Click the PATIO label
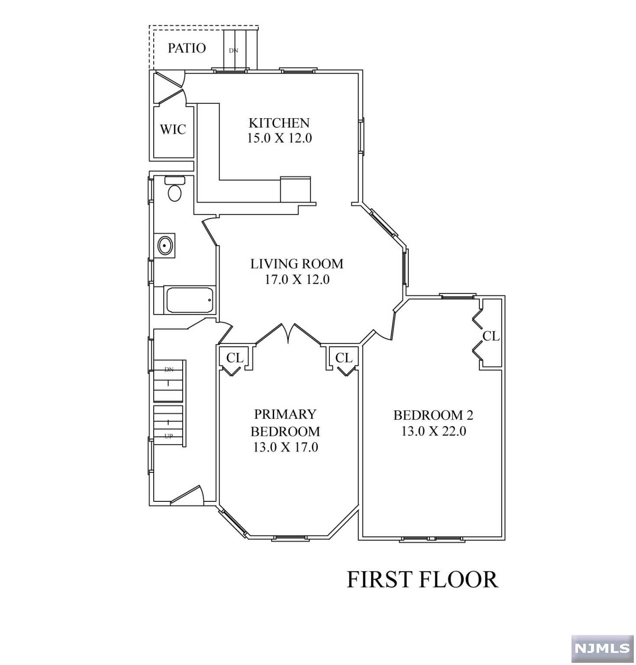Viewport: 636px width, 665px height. pyautogui.click(x=187, y=48)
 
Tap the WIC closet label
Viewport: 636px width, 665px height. pyautogui.click(x=173, y=129)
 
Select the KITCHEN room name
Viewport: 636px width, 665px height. pyautogui.click(x=279, y=123)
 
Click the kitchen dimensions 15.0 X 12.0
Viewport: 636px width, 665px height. pyautogui.click(x=279, y=139)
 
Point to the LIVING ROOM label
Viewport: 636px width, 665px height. pyautogui.click(x=297, y=264)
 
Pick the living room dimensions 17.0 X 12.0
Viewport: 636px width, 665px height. pyautogui.click(x=297, y=280)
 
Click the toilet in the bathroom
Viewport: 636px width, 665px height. pyautogui.click(x=174, y=189)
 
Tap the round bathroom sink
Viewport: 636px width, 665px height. pyautogui.click(x=165, y=246)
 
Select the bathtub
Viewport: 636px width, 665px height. pyautogui.click(x=190, y=300)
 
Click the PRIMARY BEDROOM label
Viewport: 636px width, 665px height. pyautogui.click(x=286, y=423)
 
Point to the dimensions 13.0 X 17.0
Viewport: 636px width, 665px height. pyautogui.click(x=286, y=447)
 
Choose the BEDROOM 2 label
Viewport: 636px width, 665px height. pyautogui.click(x=433, y=415)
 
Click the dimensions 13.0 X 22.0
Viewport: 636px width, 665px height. pyautogui.click(x=434, y=431)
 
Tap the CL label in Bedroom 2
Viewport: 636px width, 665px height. pyautogui.click(x=491, y=336)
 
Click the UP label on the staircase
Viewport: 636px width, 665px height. pyautogui.click(x=169, y=436)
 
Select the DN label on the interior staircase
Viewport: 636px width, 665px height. pyautogui.click(x=169, y=369)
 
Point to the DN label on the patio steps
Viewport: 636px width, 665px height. pyautogui.click(x=233, y=50)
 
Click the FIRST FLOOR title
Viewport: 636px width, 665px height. pyautogui.click(x=423, y=579)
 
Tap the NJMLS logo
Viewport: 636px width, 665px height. pyautogui.click(x=602, y=648)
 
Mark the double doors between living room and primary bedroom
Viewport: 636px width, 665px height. pyautogui.click(x=288, y=334)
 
